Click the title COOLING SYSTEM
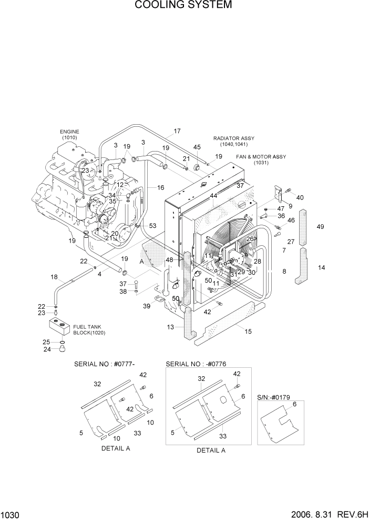coord(183,6)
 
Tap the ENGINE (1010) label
coord(69,134)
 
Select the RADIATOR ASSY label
coord(230,141)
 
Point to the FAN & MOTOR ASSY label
coord(261,159)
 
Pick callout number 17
coord(177,131)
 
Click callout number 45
coord(197,147)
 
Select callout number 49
coord(321,227)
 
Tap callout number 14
coord(322,267)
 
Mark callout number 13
coord(170,327)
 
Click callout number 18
coord(54,277)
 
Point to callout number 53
coord(152,226)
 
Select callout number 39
coord(147,306)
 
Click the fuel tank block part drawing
coord(58,328)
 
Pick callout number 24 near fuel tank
coord(46,349)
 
